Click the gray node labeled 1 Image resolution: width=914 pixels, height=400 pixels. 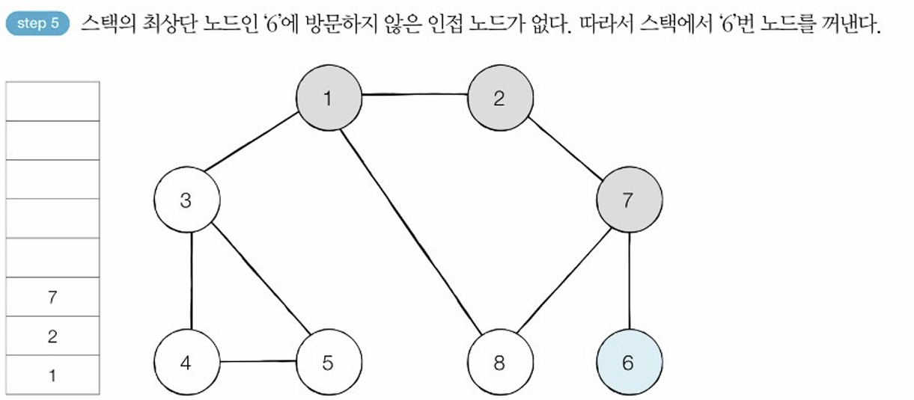pos(328,98)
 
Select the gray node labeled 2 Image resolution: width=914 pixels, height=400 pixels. pos(500,98)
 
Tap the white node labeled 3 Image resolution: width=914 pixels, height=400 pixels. pos(186,200)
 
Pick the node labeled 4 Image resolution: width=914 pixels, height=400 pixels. pos(186,363)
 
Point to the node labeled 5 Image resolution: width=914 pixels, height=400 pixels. pos(328,363)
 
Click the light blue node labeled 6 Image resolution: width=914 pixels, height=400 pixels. pos(628,363)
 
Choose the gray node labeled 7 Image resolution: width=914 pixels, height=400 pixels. pos(629,200)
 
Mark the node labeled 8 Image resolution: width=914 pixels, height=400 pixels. pos(499,363)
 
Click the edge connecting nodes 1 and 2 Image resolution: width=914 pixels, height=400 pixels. pos(414,95)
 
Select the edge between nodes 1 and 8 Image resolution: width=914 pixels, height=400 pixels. pos(414,232)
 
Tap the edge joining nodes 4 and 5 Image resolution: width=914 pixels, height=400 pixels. pos(257,363)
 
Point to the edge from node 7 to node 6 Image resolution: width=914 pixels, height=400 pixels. pos(628,282)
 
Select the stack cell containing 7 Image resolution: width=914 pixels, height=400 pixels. pos(52,297)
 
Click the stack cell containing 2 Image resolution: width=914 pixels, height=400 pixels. pos(52,336)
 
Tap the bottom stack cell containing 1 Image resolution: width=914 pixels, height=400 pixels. pos(52,375)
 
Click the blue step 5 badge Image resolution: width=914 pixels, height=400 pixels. pos(37,23)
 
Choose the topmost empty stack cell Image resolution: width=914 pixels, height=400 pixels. pos(52,101)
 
